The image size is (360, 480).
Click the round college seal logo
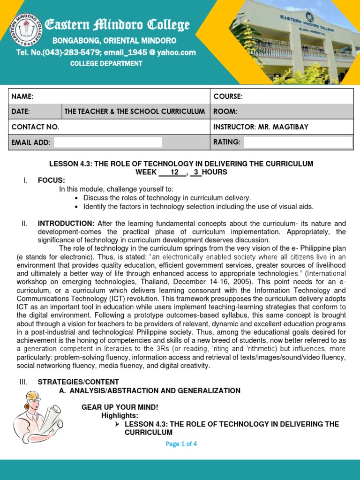[22, 30]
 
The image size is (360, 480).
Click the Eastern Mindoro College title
[117, 25]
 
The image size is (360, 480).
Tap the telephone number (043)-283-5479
[67, 52]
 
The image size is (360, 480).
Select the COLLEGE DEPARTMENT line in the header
[106, 63]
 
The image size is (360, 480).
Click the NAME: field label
[22, 96]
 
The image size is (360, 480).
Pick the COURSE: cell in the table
[228, 96]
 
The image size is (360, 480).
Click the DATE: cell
[21, 112]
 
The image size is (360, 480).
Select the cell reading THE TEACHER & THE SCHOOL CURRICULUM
[135, 112]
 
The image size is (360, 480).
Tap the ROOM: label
[225, 112]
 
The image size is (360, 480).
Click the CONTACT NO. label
[35, 127]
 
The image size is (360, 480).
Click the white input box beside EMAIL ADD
[108, 142]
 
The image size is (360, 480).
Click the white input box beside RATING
[298, 142]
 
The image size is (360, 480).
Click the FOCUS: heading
[52, 180]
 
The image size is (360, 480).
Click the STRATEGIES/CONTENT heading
[78, 382]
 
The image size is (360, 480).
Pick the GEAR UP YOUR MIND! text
[113, 407]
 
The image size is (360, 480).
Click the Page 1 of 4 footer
[181, 444]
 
